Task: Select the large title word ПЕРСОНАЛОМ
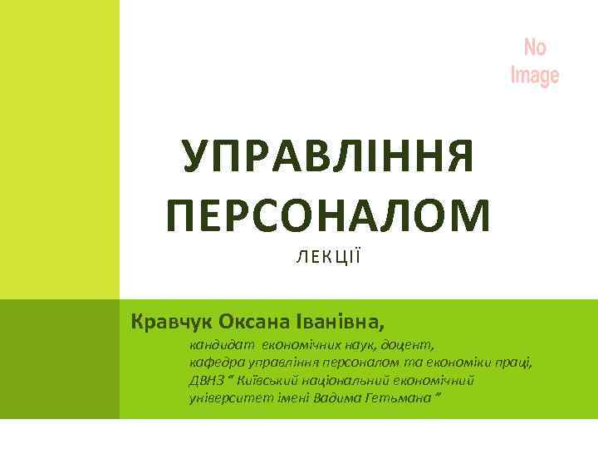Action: tap(328, 214)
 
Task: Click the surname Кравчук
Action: tap(167, 321)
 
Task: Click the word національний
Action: tap(360, 380)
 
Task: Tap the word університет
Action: tap(223, 398)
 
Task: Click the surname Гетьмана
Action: tap(399, 398)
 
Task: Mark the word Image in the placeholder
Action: tap(535, 76)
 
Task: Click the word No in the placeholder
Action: tap(535, 47)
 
